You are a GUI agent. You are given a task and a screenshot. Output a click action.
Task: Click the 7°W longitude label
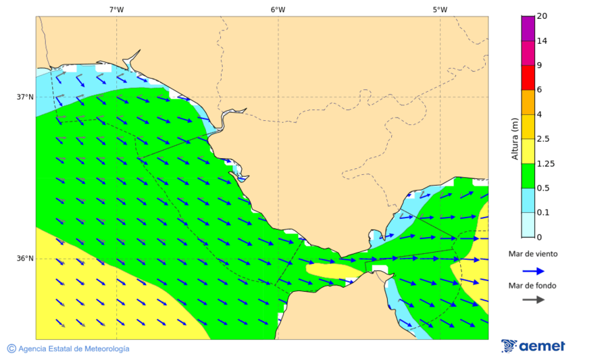116,9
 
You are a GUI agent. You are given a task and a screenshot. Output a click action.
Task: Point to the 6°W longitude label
278,9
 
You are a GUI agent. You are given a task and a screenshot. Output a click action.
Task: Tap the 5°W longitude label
440,9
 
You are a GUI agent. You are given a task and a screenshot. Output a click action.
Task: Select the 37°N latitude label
25,97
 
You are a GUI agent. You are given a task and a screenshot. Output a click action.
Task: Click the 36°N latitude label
25,259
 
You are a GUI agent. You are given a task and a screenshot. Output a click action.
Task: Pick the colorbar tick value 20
542,16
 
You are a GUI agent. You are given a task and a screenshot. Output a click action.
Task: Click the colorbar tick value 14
542,41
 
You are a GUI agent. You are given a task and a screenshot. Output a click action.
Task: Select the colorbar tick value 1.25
545,163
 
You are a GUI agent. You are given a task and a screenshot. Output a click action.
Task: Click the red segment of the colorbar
528,77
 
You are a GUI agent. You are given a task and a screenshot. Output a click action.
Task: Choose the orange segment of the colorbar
528,102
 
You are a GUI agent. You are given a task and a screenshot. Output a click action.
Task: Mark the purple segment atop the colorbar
528,28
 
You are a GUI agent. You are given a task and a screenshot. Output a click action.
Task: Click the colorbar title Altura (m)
515,138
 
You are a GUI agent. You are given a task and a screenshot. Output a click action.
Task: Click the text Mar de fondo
533,285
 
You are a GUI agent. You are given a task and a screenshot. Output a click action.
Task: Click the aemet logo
534,346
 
